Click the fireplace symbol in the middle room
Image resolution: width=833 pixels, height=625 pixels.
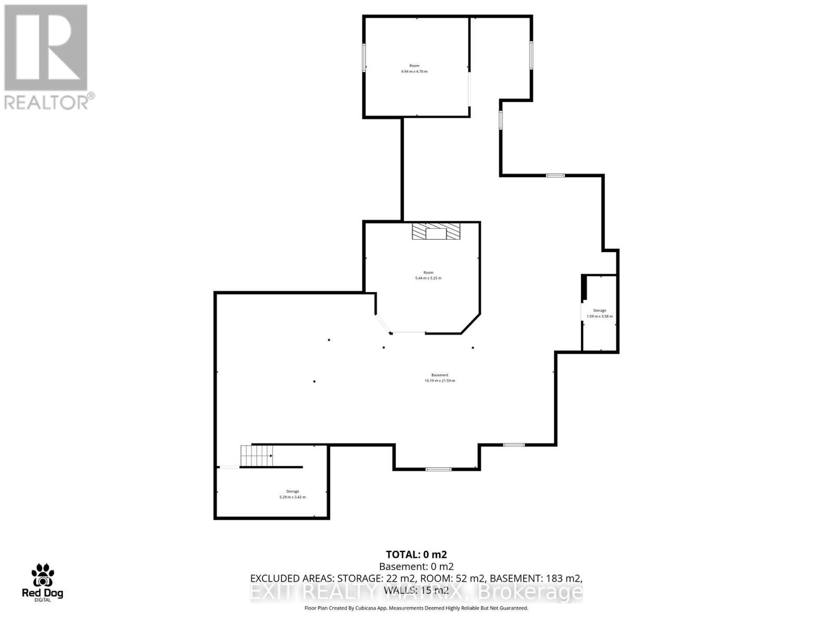pos(436,231)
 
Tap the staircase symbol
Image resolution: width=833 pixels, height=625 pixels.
pos(257,456)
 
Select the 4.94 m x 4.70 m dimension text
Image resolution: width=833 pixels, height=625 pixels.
pos(414,71)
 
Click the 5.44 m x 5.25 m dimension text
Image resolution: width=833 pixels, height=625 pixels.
pos(428,278)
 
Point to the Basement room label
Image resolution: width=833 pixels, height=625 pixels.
pos(439,375)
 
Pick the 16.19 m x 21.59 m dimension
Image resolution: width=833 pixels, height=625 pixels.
pos(439,381)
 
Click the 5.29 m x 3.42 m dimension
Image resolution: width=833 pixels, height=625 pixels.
pos(292,497)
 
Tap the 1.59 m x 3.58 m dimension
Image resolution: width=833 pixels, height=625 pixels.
pos(599,316)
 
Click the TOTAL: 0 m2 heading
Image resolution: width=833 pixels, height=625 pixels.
pos(416,555)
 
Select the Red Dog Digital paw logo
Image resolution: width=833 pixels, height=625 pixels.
pos(42,575)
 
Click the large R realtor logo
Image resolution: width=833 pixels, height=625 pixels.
pos(46,48)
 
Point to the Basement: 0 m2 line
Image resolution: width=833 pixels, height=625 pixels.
pos(416,567)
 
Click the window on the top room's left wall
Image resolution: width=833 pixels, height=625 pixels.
pos(364,57)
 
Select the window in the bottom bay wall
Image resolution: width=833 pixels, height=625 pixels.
pos(438,469)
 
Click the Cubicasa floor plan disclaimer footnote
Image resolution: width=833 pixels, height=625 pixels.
pos(416,608)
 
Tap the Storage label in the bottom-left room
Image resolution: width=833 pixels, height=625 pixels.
pos(292,491)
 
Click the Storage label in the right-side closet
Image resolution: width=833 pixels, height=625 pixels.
pos(599,310)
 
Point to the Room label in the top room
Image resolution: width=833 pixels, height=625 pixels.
pos(414,66)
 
